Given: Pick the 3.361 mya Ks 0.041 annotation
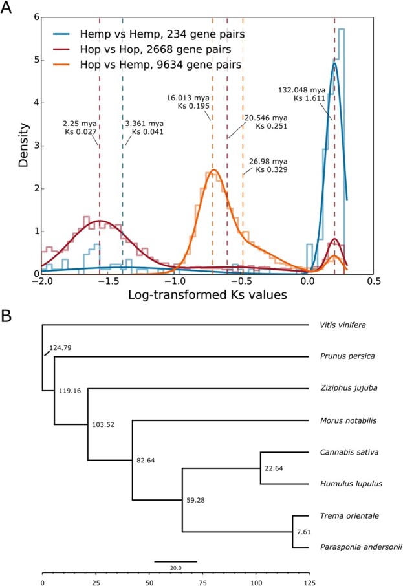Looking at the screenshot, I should point(143,127).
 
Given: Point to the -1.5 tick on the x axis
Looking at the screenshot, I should point(108,283).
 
